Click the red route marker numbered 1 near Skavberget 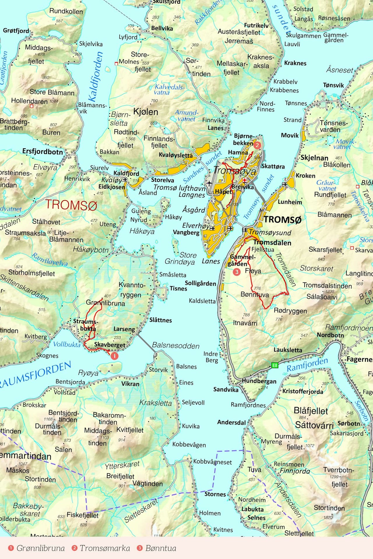115,356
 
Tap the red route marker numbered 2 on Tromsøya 257,145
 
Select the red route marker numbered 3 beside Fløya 237,272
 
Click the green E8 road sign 275,365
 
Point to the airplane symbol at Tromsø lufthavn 209,183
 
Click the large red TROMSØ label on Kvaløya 71,205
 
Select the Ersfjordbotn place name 43,151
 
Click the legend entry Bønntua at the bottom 161,548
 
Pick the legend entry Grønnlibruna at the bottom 41,548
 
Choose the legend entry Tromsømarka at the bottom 105,548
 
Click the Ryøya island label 88,373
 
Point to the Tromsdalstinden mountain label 327,285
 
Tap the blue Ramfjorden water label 307,365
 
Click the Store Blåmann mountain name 52,92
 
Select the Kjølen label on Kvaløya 145,112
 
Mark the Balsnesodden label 176,345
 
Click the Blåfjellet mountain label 311,411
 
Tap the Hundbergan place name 259,381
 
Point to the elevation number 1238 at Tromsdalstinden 330,291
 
